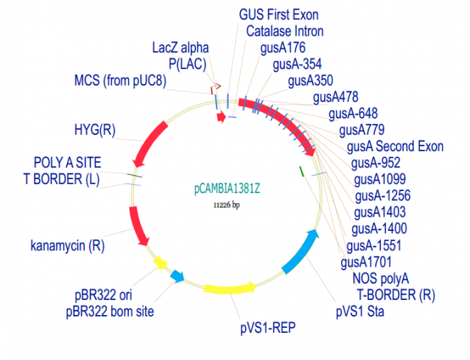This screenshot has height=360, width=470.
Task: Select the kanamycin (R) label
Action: tap(68, 247)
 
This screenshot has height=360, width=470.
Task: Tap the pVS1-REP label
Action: tap(267, 328)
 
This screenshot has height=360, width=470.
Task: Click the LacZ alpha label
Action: tap(181, 48)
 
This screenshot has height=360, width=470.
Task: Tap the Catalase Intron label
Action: tap(285, 31)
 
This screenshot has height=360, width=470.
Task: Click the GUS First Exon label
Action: tap(278, 14)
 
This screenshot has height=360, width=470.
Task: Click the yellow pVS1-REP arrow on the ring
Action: tap(230, 289)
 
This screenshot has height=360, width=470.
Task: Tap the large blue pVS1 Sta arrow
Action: tap(302, 253)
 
